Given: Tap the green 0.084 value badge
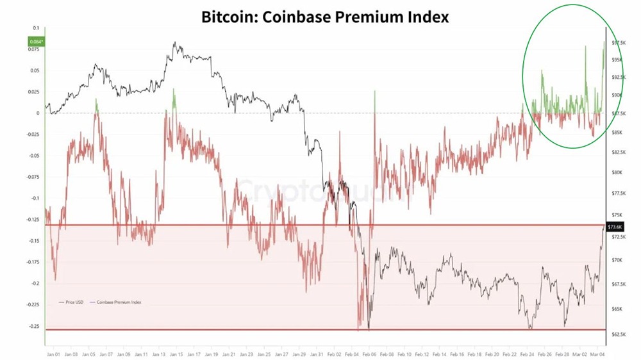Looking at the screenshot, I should pos(35,42).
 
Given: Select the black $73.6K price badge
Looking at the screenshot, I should pos(614,227).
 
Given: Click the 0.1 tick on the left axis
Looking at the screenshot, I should pos(36,29).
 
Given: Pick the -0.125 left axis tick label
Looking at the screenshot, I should pos(32,219).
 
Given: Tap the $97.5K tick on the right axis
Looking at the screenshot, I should pos(619,42).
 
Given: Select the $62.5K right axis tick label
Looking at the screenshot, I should pos(619,334).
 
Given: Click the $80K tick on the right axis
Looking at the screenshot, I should pos(617,172).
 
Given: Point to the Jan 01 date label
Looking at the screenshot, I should pos(53,353).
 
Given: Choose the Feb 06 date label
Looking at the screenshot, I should pos(369,353).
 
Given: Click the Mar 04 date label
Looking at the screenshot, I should pos(598,353).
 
